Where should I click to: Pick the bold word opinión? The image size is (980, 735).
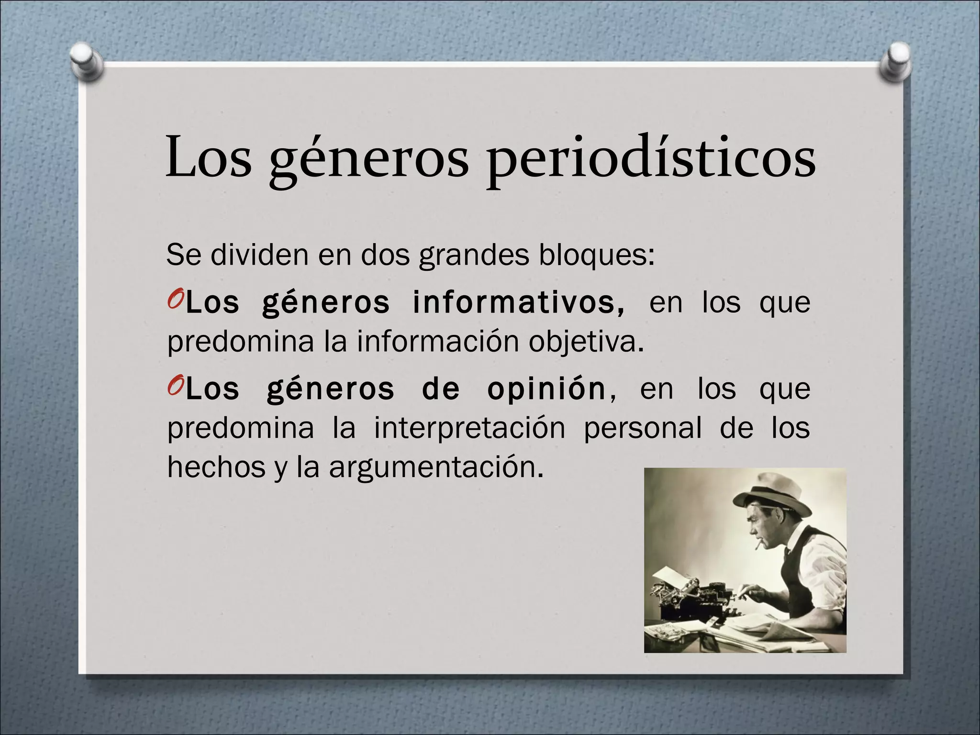point(546,389)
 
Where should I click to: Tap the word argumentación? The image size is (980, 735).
point(436,467)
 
